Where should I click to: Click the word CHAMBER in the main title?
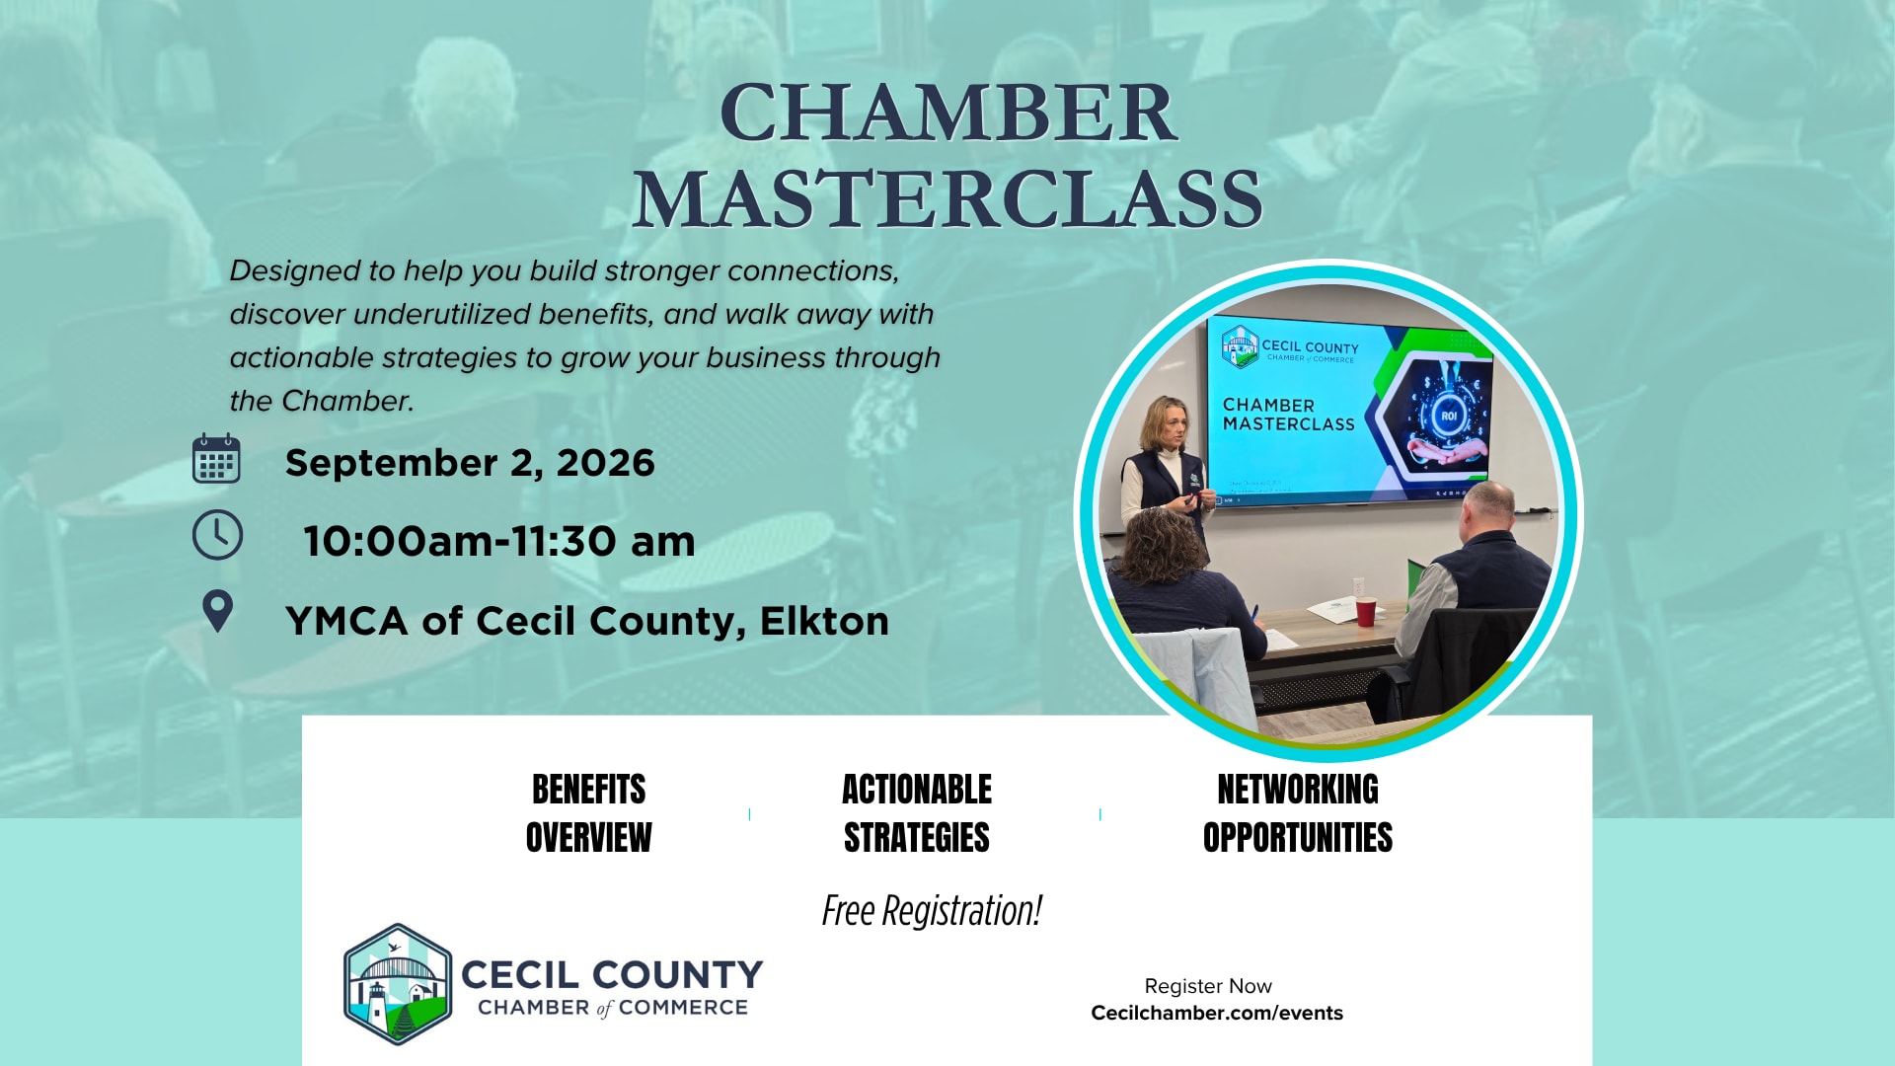[948, 113]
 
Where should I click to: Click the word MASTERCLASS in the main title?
[948, 199]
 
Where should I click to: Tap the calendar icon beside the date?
[216, 458]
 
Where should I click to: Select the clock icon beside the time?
[217, 535]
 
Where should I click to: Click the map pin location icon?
[217, 611]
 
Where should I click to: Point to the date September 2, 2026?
[470, 463]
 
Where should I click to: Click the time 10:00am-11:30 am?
[499, 541]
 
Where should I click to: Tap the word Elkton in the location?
[824, 621]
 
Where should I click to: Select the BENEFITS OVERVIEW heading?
[588, 813]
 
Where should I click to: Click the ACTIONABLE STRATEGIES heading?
[917, 813]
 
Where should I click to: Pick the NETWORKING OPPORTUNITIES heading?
[1298, 813]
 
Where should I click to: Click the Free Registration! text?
[932, 911]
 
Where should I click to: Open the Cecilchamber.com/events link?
[1217, 1013]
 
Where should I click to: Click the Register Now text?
[1208, 986]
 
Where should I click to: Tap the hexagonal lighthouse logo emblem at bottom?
[398, 984]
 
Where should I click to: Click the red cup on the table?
[1365, 612]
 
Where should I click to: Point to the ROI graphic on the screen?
[1448, 416]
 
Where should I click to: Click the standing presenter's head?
[1165, 423]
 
